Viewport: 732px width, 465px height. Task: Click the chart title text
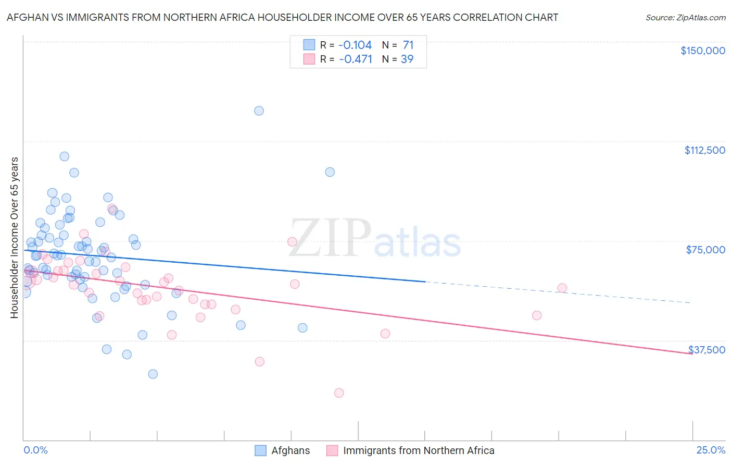pos(282,17)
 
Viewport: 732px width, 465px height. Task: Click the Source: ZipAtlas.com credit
pos(685,17)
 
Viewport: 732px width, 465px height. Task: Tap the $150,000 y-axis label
pos(702,51)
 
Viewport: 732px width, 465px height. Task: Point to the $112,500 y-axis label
pos(704,150)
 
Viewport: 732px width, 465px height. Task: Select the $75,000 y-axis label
pos(705,250)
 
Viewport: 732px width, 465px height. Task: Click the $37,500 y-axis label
pos(706,349)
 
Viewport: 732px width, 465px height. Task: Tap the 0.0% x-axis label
pos(35,450)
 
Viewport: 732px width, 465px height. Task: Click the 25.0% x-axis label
pos(711,450)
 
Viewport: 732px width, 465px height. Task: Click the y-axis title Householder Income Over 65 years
pos(15,238)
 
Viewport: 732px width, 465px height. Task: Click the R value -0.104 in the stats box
pos(355,45)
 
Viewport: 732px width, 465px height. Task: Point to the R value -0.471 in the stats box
pos(356,59)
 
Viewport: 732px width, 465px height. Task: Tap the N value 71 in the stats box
pos(408,45)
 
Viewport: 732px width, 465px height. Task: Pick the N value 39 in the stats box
pos(407,59)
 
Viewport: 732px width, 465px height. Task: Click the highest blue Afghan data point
pos(259,111)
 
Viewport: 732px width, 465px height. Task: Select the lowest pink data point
pos(339,393)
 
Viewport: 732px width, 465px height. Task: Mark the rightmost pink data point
pos(562,288)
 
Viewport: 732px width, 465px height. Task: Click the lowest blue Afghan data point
pos(153,374)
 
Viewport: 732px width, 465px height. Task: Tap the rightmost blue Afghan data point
pos(330,172)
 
